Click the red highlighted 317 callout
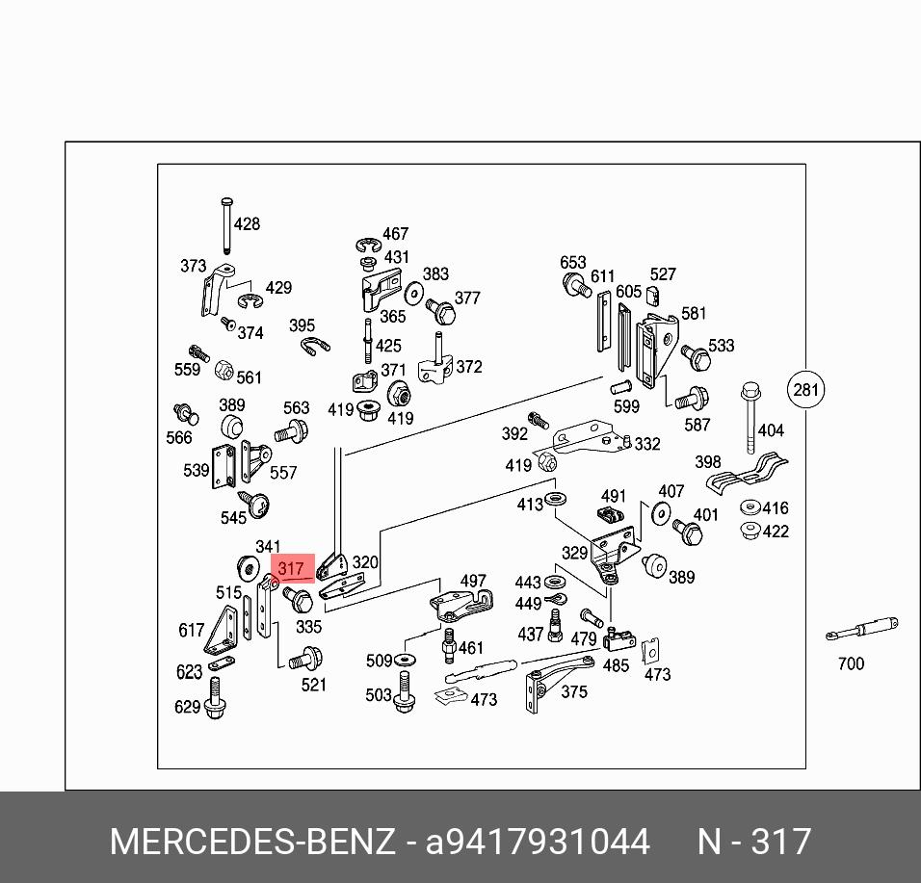tap(292, 569)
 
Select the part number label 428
tap(247, 224)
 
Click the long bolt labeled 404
tap(749, 419)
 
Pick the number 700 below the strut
tap(851, 663)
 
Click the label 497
tap(473, 582)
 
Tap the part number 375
tap(573, 691)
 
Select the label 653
tap(573, 263)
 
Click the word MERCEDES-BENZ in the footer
tap(252, 843)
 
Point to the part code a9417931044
tap(538, 843)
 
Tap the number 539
tap(196, 471)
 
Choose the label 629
tap(187, 708)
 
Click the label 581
tap(694, 313)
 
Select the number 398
tap(708, 463)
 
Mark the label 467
tap(395, 234)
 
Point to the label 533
tap(721, 346)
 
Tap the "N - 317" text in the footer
tap(754, 843)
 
